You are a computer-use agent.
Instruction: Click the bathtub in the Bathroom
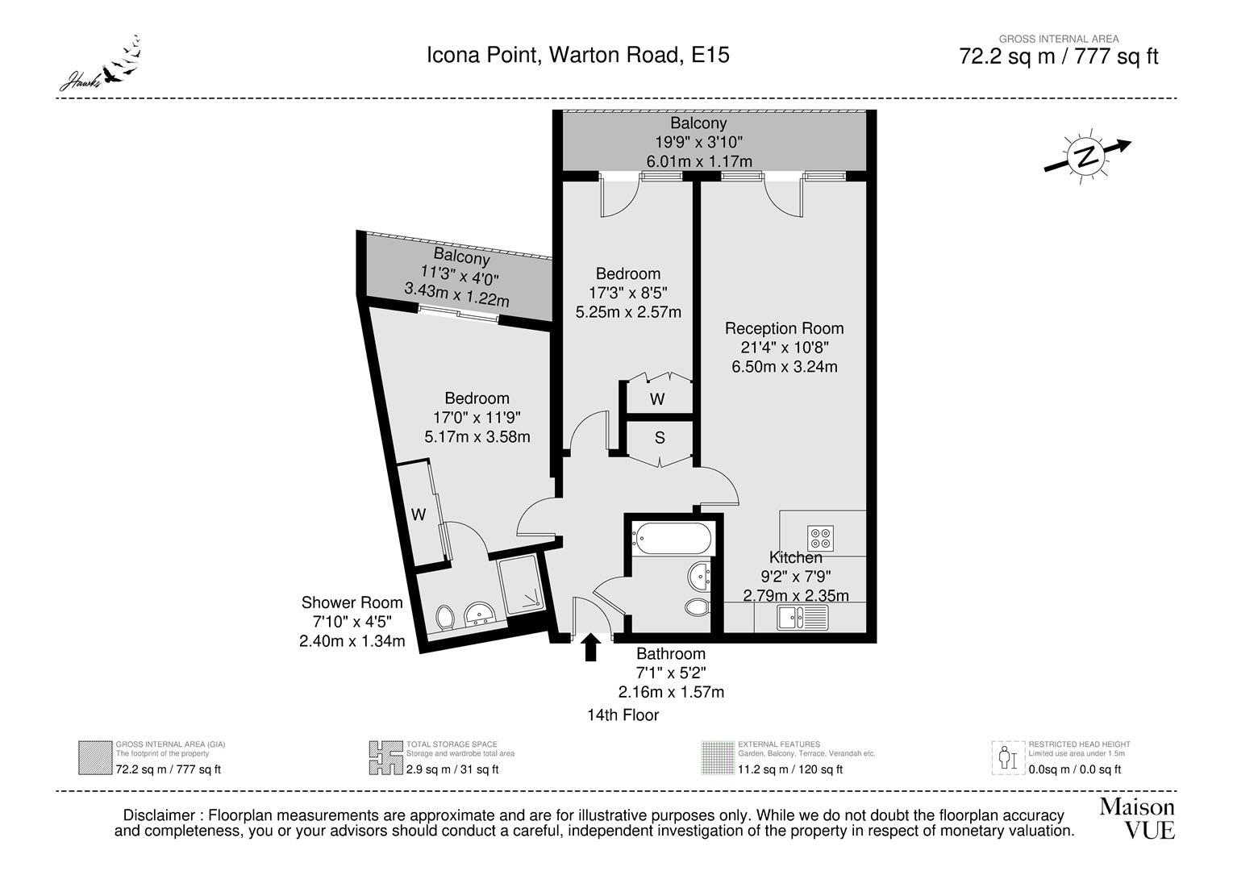(x=672, y=538)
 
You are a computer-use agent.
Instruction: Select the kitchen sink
(x=802, y=618)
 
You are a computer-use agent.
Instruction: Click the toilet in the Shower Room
(x=444, y=619)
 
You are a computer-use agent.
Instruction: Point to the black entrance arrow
(x=590, y=647)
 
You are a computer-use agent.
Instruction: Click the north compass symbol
(x=1088, y=156)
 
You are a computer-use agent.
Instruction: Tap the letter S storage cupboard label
(x=660, y=438)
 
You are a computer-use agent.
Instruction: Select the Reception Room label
(x=784, y=328)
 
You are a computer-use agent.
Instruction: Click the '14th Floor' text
(x=623, y=715)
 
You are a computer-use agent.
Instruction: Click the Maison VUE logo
(x=1137, y=818)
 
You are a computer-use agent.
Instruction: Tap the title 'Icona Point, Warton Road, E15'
(x=577, y=55)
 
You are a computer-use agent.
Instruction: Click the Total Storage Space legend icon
(x=385, y=757)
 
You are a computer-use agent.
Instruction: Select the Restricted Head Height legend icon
(x=1007, y=757)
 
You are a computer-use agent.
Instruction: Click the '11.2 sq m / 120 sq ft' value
(x=789, y=769)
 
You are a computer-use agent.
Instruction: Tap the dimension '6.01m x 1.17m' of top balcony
(x=699, y=161)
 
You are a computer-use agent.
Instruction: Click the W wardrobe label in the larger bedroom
(x=419, y=515)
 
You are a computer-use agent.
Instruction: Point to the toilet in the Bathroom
(x=697, y=606)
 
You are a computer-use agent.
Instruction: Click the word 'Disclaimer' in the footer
(x=159, y=815)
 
